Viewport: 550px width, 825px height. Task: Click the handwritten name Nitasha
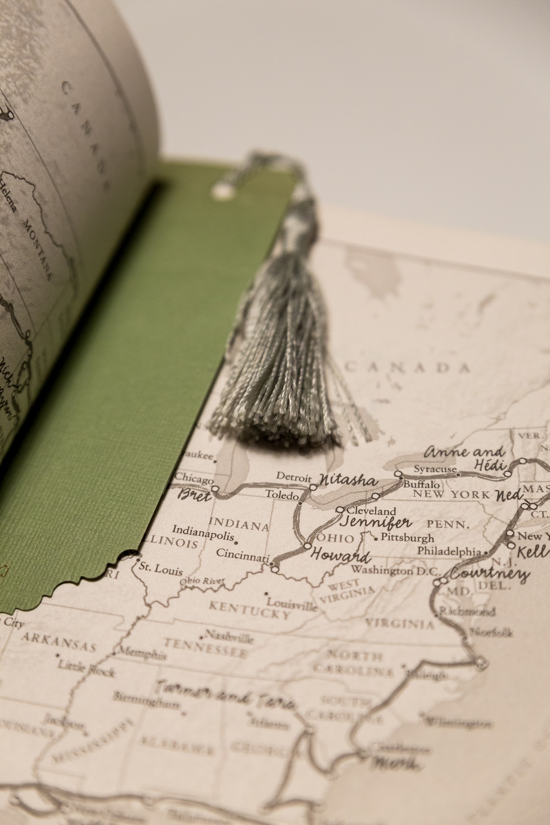coord(348,481)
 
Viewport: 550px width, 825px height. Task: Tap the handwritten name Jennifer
coord(375,523)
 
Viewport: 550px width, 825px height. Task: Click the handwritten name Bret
coord(194,495)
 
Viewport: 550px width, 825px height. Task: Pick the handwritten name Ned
coord(509,495)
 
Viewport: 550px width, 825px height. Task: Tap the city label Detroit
coord(293,477)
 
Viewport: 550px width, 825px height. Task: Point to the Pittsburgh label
coord(407,538)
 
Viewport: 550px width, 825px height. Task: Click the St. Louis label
coord(161,571)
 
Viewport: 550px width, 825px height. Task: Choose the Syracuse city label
coord(435,469)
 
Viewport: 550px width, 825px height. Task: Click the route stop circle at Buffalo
coord(399,474)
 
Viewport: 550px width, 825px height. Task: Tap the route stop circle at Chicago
coord(215,489)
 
